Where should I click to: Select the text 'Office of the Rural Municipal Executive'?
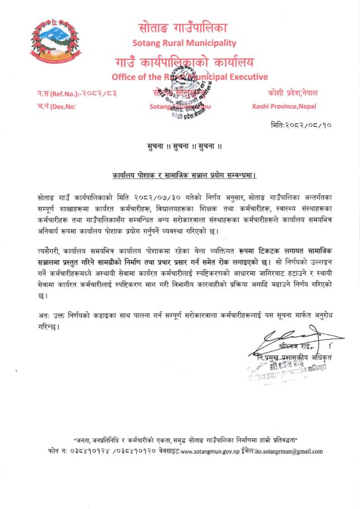coord(190,77)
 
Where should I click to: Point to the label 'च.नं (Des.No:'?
coord(55,105)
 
